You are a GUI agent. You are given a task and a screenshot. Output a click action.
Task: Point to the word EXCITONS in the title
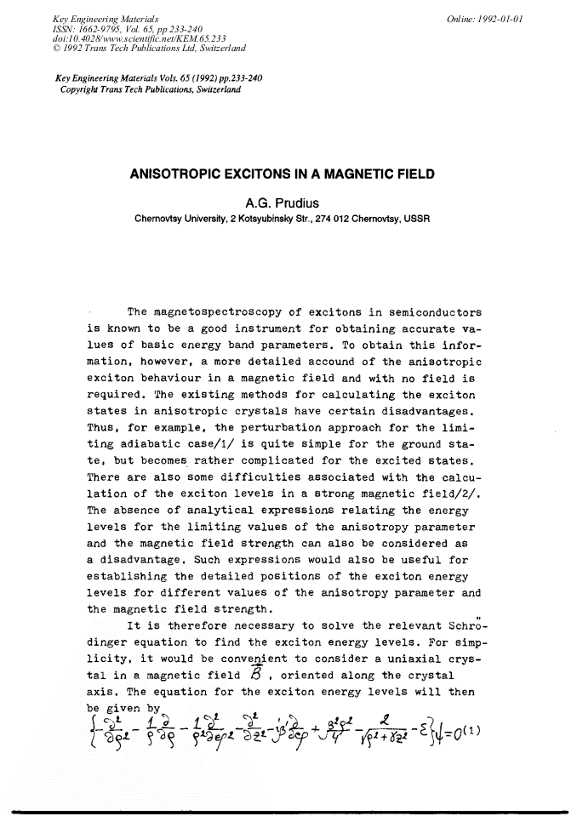271,174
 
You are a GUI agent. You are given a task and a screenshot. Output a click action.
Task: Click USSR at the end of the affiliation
418,218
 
